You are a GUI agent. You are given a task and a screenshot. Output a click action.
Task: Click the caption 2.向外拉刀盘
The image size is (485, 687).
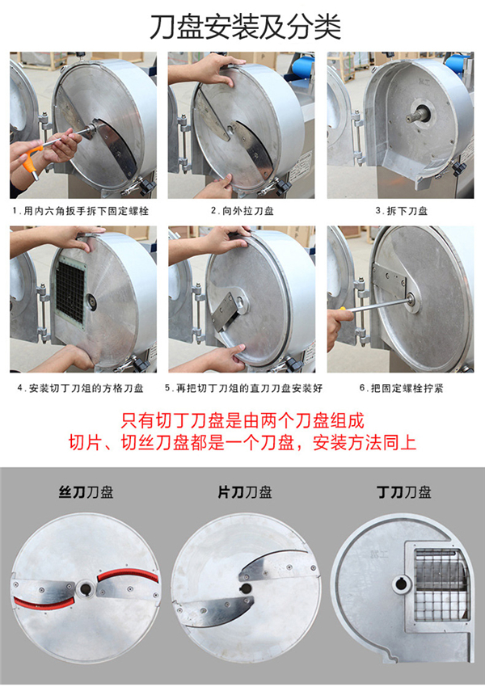pos(242,211)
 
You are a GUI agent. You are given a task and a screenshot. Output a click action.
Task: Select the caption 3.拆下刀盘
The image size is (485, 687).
pos(401,211)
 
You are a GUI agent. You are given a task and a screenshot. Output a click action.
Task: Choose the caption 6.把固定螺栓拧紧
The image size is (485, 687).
pos(401,388)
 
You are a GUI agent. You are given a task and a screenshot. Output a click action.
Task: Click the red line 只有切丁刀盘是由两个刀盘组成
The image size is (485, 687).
pos(242,420)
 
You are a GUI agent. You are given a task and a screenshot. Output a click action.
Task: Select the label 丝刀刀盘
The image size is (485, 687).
pos(86,492)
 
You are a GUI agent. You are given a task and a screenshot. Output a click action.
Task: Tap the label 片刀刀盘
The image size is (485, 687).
pos(245,492)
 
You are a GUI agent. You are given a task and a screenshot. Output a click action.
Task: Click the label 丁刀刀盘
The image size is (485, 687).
pos(404,492)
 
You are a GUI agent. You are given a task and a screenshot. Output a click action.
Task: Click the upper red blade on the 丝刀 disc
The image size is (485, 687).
pos(128,575)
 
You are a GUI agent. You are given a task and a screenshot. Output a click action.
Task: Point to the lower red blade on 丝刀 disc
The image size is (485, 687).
pos(44,604)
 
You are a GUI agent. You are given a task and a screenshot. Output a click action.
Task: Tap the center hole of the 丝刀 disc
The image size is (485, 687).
pos(85,589)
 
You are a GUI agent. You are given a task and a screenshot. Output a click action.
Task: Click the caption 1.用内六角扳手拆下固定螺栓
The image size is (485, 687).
pos(81,211)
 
